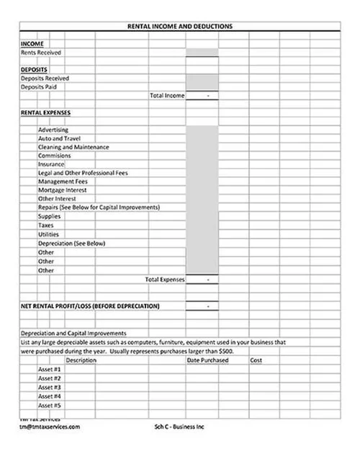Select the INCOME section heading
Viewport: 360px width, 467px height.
click(x=32, y=44)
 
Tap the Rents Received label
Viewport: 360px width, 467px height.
click(x=41, y=53)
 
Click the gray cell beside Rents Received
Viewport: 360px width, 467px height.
click(x=202, y=53)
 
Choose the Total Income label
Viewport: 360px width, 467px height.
click(x=167, y=95)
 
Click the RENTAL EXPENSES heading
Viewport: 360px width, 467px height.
click(x=45, y=112)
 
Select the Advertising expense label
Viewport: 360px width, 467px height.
click(x=53, y=130)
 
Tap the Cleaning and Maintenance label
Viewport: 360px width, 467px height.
click(x=73, y=147)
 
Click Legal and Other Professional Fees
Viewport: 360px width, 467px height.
click(x=82, y=173)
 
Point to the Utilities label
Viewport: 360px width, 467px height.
click(x=48, y=234)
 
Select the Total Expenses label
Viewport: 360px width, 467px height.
click(x=165, y=278)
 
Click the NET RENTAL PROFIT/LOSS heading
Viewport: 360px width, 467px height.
click(x=90, y=306)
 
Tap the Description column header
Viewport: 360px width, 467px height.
click(x=81, y=360)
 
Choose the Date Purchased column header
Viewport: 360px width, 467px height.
click(x=207, y=360)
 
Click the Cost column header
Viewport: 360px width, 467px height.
click(x=256, y=360)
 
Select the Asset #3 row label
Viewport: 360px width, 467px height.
click(x=50, y=387)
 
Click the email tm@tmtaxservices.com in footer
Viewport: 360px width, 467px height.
click(x=50, y=426)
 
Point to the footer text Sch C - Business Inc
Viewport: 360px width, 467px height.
click(x=180, y=426)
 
